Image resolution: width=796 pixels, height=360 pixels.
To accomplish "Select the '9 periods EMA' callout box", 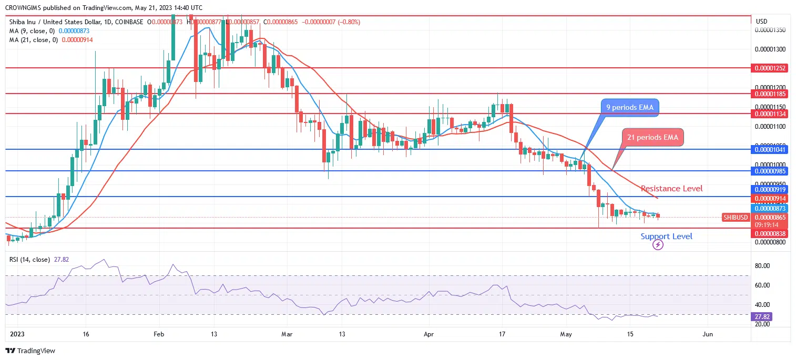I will pyautogui.click(x=630, y=108).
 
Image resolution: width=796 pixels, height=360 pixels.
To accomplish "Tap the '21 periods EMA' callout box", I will pyautogui.click(x=653, y=138).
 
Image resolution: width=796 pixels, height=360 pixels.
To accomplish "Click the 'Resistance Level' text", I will pyautogui.click(x=671, y=189).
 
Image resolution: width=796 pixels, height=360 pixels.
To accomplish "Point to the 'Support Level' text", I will pyautogui.click(x=666, y=236).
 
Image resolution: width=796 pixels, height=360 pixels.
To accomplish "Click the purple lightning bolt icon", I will pyautogui.click(x=658, y=244).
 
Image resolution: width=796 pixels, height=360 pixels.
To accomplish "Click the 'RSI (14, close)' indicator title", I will pyautogui.click(x=29, y=259).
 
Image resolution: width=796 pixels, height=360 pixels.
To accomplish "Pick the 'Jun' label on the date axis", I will pyautogui.click(x=708, y=334).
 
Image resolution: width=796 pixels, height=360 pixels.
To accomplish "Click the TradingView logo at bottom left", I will pyautogui.click(x=30, y=351).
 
